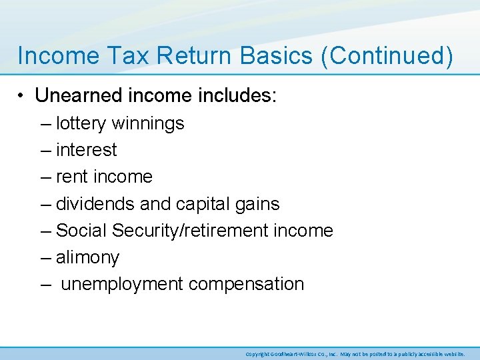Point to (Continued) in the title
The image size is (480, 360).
point(387,56)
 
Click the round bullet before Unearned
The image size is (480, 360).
point(23,96)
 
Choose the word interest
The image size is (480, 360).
point(87,150)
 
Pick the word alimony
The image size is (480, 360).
point(87,257)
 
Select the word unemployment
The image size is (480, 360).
point(122,284)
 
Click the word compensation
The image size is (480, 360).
point(246,284)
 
